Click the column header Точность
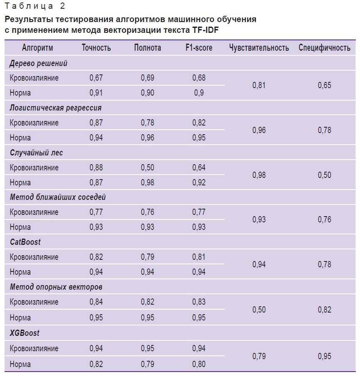96,48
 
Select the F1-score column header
199,48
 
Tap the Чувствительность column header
259,48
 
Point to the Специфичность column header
324,48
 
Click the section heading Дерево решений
38,63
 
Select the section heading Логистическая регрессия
56,108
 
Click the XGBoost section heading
25,333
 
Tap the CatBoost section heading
25,242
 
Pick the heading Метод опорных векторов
56,287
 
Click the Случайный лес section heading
36,153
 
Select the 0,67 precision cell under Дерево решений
96,78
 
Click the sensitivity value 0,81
259,85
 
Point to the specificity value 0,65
324,85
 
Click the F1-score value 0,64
199,168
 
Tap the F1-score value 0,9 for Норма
199,93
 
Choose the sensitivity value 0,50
259,309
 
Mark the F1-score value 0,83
199,302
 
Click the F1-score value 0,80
199,364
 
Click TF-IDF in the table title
205,30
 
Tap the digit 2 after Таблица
62,6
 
